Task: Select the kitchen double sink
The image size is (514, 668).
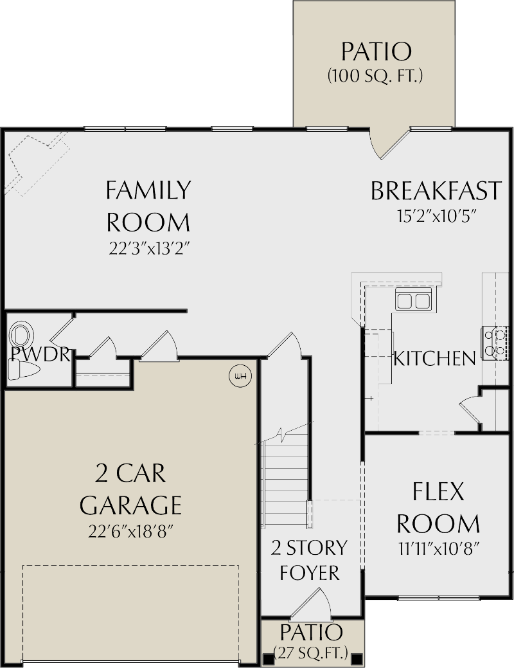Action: coord(413,300)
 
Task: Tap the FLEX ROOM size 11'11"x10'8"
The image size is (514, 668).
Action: coord(438,549)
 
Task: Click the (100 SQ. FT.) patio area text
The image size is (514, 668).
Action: coord(375,76)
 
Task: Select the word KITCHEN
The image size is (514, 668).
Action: coord(434,358)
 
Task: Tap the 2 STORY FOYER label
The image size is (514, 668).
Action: coord(309,559)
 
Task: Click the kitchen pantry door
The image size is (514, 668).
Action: coord(469,409)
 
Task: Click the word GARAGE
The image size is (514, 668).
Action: coord(130,505)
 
